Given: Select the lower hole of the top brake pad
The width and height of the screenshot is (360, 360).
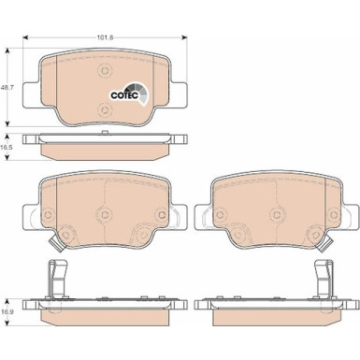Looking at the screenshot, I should pyautogui.click(x=102, y=110).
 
